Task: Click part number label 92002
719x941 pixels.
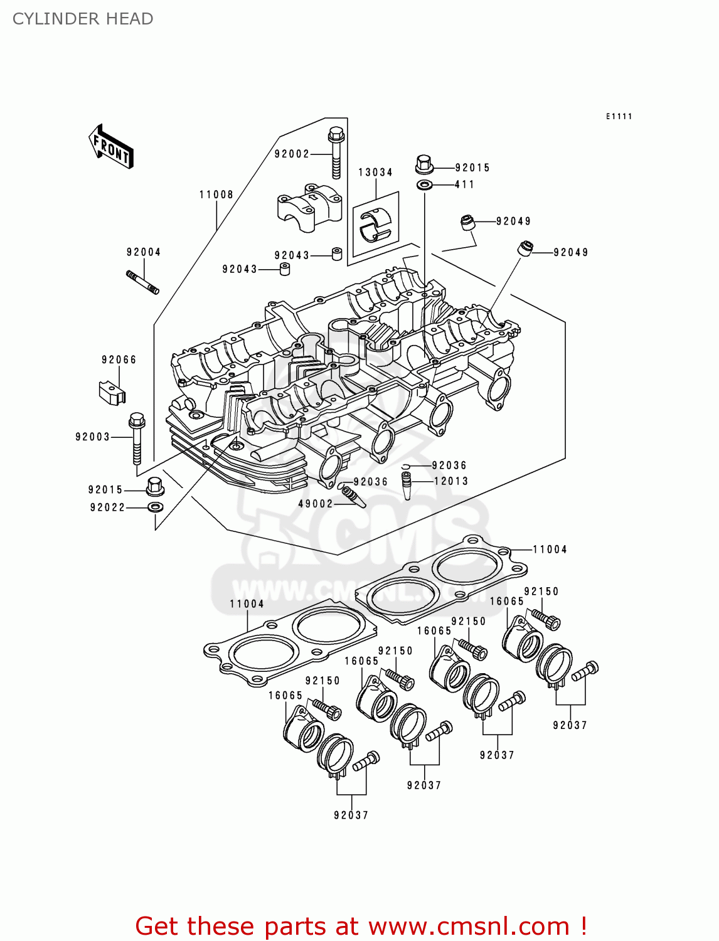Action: point(292,154)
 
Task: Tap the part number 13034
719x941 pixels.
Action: point(375,173)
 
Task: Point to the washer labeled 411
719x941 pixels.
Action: point(425,185)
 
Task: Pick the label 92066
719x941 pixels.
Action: point(119,360)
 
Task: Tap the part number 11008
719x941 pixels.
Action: point(216,195)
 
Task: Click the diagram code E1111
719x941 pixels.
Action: point(619,117)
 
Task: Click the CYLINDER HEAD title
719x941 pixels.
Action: point(83,19)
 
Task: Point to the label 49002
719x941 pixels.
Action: point(315,504)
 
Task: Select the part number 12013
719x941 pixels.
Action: point(451,481)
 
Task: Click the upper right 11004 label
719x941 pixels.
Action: point(550,550)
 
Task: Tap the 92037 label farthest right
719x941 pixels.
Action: point(570,725)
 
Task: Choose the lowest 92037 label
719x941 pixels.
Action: point(351,815)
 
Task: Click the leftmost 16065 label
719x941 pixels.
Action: point(285,696)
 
